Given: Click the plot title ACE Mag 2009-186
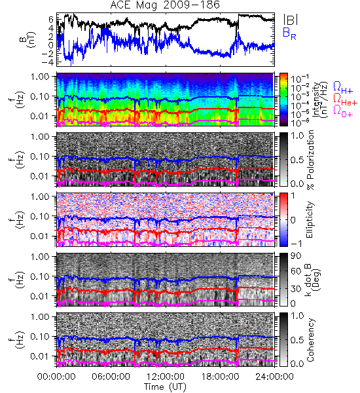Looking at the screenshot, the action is click(165, 5).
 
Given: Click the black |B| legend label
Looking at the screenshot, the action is click(291, 20).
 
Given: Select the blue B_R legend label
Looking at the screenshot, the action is click(289, 34).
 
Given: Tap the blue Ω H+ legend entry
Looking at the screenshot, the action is click(343, 88).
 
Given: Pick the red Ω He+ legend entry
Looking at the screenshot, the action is click(345, 99).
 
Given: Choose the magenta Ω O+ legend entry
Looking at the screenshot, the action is click(343, 111).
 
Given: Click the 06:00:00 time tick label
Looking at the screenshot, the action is click(111, 377).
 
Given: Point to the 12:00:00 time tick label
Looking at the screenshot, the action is click(166, 377).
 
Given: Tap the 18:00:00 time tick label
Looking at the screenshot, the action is click(220, 377).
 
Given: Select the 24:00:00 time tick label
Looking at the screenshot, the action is click(274, 377).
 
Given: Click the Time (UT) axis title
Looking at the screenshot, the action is click(165, 387).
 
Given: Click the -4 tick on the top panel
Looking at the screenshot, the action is click(47, 62).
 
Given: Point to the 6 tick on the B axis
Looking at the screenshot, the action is click(51, 19).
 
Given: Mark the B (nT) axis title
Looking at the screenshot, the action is click(28, 39).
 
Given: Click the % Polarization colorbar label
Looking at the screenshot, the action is click(311, 160).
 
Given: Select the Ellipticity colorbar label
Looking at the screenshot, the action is click(310, 219).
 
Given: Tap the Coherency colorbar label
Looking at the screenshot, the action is click(310, 340).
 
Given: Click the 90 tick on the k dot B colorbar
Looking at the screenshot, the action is click(296, 256).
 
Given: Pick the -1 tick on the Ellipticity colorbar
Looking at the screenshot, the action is click(296, 244).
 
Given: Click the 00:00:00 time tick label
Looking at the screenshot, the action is click(56, 377).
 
